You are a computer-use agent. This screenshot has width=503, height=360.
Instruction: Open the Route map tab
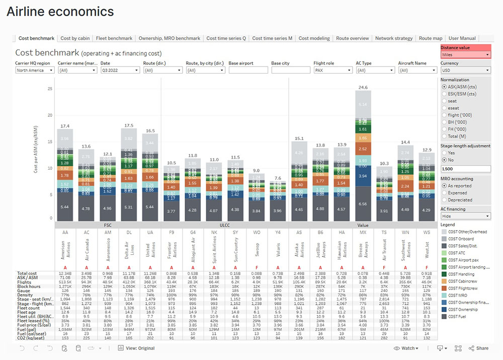click(431, 38)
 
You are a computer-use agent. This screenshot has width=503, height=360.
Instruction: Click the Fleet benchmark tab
click(114, 38)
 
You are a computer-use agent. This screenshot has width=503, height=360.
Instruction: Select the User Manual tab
click(462, 38)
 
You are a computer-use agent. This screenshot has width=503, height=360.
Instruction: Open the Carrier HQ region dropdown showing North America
click(35, 70)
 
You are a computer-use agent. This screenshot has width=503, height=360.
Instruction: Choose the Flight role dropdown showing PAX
click(332, 70)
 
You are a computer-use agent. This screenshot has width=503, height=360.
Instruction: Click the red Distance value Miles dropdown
click(465, 54)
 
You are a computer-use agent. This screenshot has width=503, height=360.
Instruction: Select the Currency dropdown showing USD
click(465, 70)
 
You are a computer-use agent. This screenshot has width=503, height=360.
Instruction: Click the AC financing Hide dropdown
click(465, 216)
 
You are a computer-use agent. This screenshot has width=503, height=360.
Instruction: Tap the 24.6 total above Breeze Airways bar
click(363, 87)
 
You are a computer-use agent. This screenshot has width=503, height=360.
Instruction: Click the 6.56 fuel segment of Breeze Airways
click(363, 204)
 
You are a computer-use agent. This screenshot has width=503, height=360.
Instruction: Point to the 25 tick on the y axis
click(50, 89)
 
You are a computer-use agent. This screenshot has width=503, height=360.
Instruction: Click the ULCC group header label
click(225, 226)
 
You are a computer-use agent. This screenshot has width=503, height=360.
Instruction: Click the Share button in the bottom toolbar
click(479, 348)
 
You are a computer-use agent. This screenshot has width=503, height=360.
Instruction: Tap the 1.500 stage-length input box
click(465, 169)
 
